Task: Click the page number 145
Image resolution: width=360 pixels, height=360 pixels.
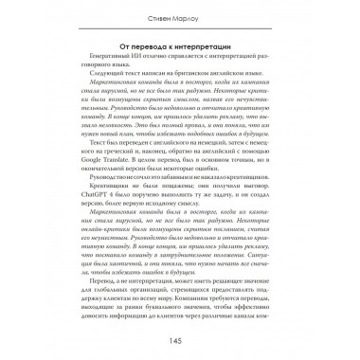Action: [x=180, y=340]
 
